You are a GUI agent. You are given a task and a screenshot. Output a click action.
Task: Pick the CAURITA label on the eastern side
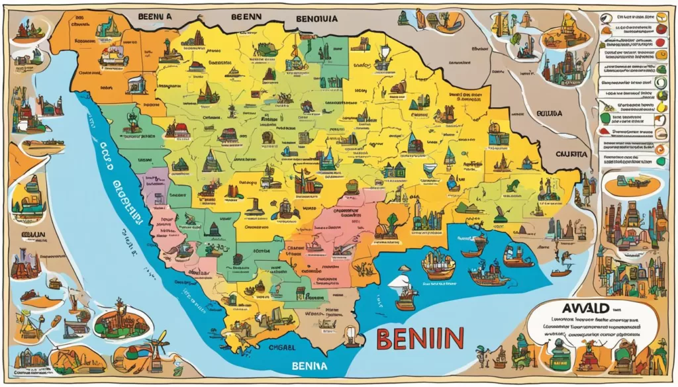tap(569, 153)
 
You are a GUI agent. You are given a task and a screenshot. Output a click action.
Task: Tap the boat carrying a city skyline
tap(438, 263)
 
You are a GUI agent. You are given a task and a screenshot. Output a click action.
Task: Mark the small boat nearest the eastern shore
tap(561, 271)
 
